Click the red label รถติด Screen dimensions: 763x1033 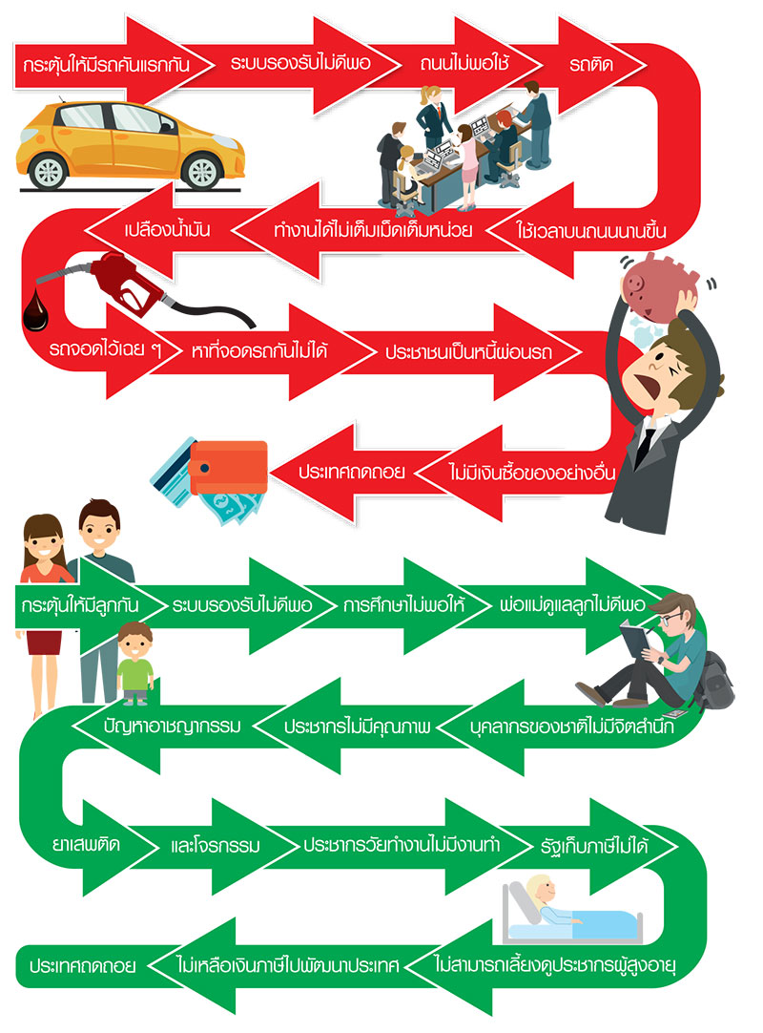[x=591, y=65]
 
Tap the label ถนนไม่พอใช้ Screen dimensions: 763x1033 [x=464, y=64]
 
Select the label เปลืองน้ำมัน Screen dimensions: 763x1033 [x=167, y=229]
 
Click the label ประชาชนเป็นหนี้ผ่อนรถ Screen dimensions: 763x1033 [x=468, y=351]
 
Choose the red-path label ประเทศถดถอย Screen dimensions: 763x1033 [x=352, y=472]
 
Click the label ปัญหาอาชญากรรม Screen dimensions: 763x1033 [x=172, y=726]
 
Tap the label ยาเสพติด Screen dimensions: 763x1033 [x=86, y=845]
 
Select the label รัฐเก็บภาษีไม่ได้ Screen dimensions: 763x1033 [x=594, y=845]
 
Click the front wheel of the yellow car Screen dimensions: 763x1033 [x=202, y=172]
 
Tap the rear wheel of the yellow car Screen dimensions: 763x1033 [x=48, y=171]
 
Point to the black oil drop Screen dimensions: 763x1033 [x=35, y=311]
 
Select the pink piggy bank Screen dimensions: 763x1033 [x=659, y=287]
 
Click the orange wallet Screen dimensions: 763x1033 [x=228, y=467]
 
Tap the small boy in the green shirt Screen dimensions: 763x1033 [x=135, y=663]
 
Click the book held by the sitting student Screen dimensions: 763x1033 [x=635, y=639]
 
